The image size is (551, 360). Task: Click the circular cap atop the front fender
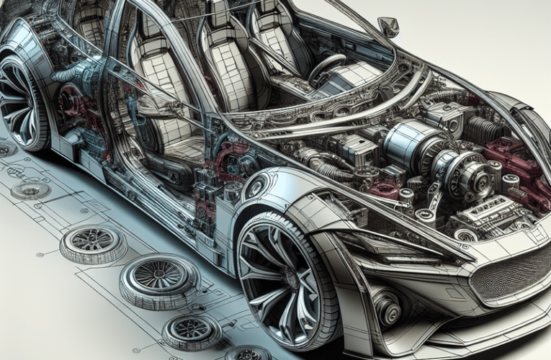256,189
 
